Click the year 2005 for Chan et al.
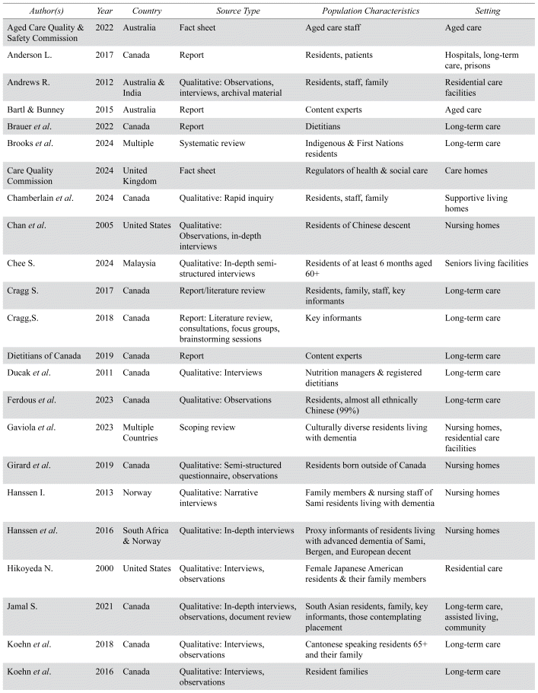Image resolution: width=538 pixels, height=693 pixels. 106,225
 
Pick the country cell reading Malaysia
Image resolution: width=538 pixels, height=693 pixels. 141,263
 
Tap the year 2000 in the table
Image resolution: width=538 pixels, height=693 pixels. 106,567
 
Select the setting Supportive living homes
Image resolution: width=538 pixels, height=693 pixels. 476,203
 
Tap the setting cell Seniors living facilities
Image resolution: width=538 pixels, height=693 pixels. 486,263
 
